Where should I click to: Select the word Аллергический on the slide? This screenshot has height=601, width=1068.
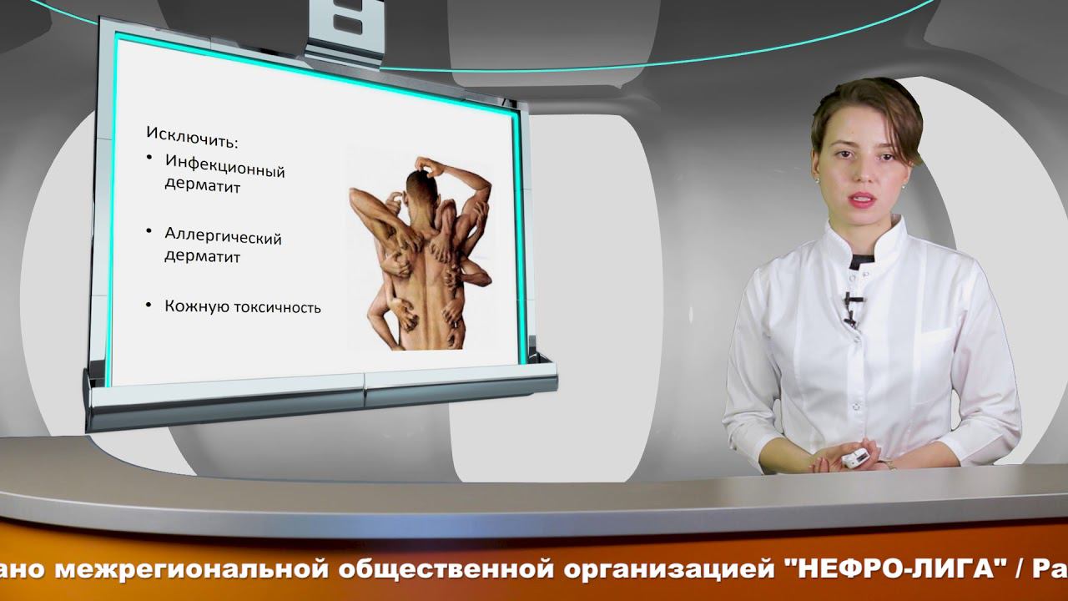point(224,236)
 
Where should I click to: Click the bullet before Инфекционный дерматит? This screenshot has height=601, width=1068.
point(149,158)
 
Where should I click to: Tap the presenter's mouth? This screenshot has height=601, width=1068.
point(862,199)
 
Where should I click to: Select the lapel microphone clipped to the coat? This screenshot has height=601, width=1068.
point(849,306)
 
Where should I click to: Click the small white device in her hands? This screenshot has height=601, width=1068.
point(854,457)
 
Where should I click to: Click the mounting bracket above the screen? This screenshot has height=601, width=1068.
point(343,30)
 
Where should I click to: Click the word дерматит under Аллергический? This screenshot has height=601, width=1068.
point(203,256)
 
